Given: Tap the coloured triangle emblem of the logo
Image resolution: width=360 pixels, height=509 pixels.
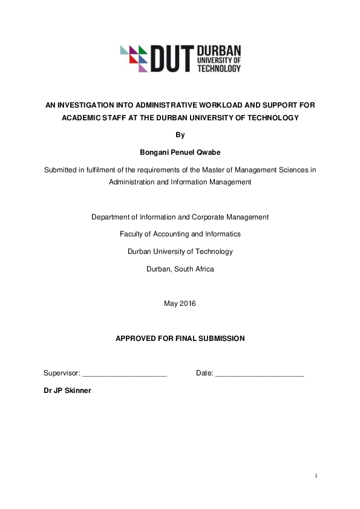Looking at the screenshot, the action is [134, 58].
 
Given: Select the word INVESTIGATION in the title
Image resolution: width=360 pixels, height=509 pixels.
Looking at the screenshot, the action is [90, 105].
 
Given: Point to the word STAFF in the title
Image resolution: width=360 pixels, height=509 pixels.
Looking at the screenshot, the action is [112, 117].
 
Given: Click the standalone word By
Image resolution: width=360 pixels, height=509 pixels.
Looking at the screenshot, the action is [180, 134].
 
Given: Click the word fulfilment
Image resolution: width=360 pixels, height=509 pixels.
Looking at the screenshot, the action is [103, 170].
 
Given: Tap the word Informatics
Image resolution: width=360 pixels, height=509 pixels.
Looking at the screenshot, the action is [221, 234].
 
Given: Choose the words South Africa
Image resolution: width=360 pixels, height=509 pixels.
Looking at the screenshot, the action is [194, 269].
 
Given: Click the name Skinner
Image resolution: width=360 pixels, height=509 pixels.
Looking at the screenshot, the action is [77, 391].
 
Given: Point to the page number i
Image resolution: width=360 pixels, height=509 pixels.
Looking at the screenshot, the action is [316, 476].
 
